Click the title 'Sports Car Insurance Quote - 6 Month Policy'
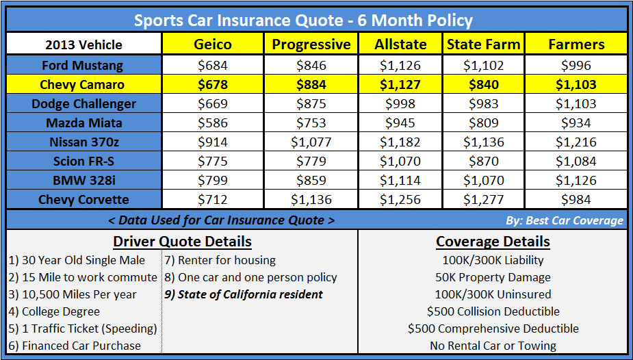point(303,20)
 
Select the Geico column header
point(213,44)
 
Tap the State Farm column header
point(483,44)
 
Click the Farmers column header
point(576,44)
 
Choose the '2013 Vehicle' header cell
point(83,45)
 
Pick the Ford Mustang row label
point(83,66)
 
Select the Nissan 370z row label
point(83,142)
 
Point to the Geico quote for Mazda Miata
point(213,123)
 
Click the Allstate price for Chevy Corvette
point(400,200)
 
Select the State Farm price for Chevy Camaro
point(483,85)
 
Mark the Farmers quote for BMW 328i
point(576,181)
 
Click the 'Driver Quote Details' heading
point(182,242)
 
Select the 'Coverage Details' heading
point(493,242)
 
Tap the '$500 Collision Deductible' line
point(493,311)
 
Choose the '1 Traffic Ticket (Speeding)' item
point(83,329)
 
